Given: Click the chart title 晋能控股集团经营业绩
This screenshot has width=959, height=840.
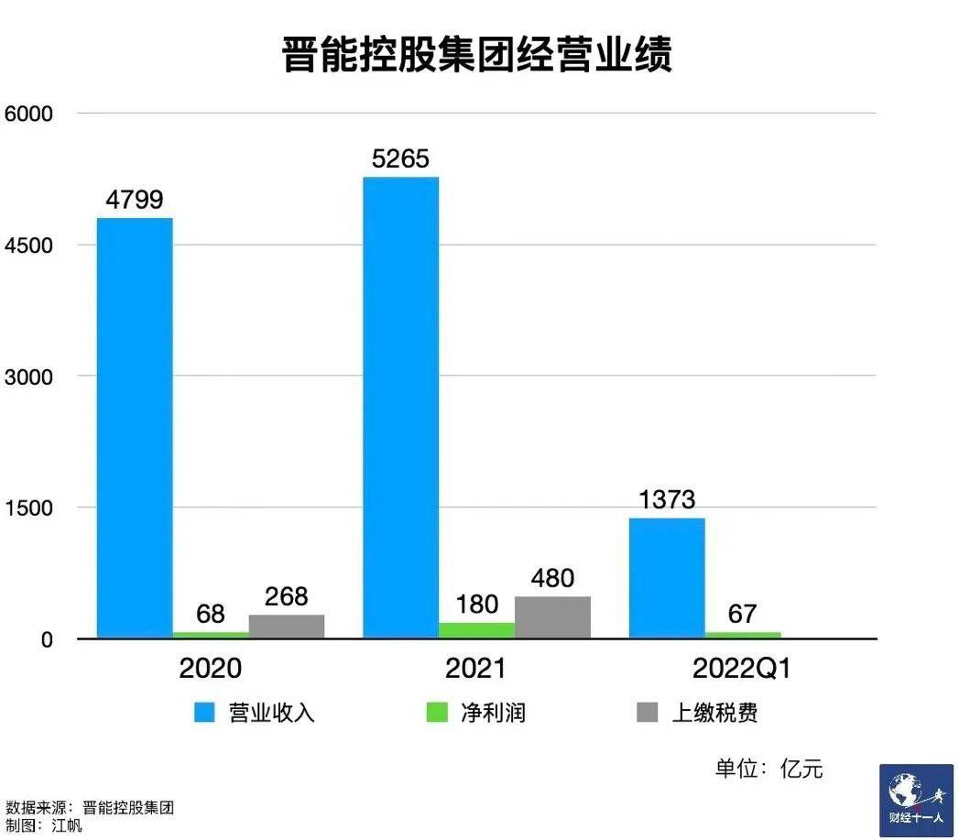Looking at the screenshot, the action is pos(477,55).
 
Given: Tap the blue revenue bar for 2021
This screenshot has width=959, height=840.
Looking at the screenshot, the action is pos(400,408).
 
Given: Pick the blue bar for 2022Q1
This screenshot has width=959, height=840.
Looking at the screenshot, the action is pos(666,578).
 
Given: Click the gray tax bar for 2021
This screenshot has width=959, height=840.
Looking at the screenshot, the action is pos(552,617).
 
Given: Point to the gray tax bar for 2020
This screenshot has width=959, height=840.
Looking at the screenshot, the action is pos(287,627).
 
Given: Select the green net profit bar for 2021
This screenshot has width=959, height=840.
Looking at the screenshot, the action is pos(476,630).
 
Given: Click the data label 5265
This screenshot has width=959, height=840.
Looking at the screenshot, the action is pos(400,159).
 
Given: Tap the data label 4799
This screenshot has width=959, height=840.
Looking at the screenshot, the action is pos(135,200).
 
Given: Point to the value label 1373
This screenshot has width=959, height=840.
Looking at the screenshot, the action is pos(666,500).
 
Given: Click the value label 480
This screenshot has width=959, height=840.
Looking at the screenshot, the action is pos(552,579).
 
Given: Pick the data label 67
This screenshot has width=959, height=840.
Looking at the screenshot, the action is pos(742,614).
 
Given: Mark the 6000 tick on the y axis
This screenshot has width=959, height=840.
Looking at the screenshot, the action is pos(29,114).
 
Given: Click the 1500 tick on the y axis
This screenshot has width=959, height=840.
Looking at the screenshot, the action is pos(29,507).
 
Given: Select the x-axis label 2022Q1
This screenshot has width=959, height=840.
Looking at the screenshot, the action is pos(741,669).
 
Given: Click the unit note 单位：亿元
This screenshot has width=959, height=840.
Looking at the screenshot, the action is pos(768,768).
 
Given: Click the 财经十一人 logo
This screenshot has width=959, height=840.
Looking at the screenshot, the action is pos(916,800).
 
